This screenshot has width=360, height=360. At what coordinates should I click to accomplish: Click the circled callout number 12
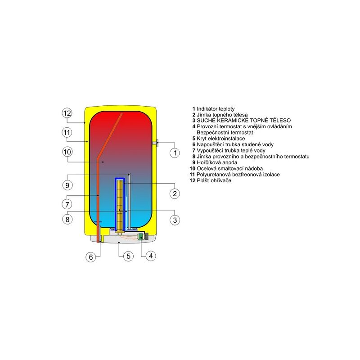click(67, 113)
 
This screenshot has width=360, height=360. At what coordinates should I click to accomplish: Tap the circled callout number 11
click(67, 132)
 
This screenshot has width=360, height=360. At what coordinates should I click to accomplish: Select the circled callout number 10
click(67, 152)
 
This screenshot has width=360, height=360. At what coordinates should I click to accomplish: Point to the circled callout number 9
click(67, 185)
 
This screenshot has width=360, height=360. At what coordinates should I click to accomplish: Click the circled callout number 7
click(67, 204)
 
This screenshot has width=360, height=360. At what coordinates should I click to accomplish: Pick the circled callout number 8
click(67, 219)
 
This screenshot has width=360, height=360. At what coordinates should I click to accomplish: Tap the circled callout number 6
click(91, 257)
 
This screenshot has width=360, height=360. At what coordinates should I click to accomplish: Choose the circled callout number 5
click(128, 256)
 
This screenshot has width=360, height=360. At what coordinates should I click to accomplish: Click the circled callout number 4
click(151, 256)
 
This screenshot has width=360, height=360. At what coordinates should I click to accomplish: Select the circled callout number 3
click(175, 220)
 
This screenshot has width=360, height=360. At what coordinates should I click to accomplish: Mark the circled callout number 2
click(175, 193)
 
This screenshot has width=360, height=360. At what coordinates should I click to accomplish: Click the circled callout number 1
click(175, 153)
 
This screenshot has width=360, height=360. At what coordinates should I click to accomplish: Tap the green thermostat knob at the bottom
click(140, 237)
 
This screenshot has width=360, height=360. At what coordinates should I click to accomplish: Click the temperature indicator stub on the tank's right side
click(155, 143)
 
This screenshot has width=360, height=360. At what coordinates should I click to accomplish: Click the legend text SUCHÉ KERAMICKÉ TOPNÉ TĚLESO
click(243, 120)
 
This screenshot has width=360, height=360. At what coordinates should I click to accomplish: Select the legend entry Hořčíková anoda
click(217, 162)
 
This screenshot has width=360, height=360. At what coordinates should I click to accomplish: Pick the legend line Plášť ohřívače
click(214, 180)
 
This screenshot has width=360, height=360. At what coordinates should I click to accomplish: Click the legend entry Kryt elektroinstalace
click(221, 139)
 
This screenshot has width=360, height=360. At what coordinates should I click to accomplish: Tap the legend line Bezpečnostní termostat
click(225, 132)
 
